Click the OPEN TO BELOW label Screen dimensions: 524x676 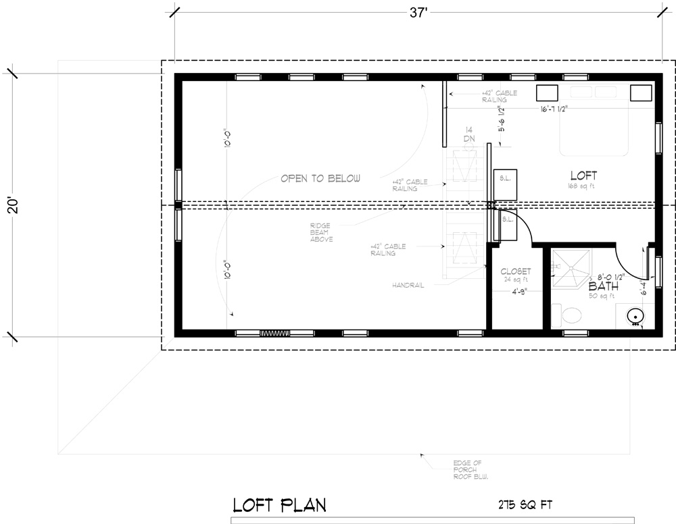320,179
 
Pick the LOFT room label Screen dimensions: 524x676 583,175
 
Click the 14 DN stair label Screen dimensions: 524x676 468,134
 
